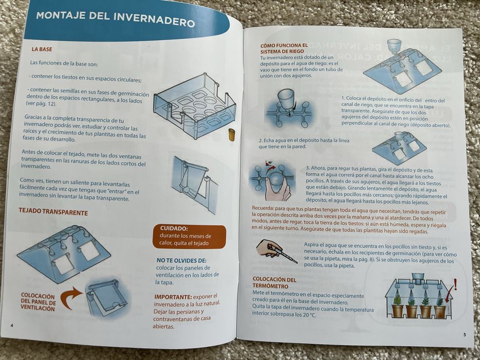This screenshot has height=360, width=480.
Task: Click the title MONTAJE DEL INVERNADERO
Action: pos(115,19)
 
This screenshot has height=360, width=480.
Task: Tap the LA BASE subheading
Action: pos(42,49)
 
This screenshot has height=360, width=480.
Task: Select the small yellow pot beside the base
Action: pos(232,135)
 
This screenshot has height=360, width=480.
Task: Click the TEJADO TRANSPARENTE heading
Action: pos(54,212)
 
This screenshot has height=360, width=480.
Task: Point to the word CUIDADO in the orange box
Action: pos(173,228)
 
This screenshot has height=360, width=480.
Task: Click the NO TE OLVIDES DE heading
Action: pos(182,261)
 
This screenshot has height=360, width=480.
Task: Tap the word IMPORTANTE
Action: pos(173,297)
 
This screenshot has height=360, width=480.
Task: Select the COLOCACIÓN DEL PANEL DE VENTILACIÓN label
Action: pos(38,302)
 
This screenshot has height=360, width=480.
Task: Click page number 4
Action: pos(12,325)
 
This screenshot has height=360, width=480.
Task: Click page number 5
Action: pos(465,335)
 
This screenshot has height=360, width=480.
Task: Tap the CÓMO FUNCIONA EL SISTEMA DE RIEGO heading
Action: pos(284,48)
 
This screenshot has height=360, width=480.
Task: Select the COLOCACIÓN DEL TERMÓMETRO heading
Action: pos(274,282)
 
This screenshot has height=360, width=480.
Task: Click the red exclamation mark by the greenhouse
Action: pos(455,284)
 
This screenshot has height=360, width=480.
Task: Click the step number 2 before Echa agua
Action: pos(260,140)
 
